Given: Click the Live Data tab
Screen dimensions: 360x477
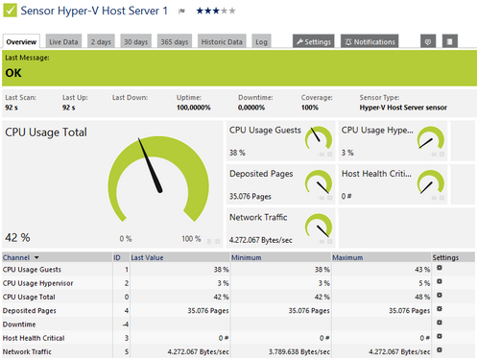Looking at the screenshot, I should pos(64,42).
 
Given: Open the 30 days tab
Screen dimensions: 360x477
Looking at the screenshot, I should pos(136,42).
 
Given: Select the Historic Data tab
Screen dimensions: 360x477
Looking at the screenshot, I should pos(222,42).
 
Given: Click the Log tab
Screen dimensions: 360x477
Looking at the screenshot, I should pos(261,42).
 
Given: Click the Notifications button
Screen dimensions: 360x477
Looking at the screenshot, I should pos(370,42).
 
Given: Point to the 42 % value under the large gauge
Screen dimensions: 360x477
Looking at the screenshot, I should pos(17,237).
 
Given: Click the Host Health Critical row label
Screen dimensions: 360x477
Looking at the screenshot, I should pos(33,339).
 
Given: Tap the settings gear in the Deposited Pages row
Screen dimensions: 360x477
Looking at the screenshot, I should pos(439,310).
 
